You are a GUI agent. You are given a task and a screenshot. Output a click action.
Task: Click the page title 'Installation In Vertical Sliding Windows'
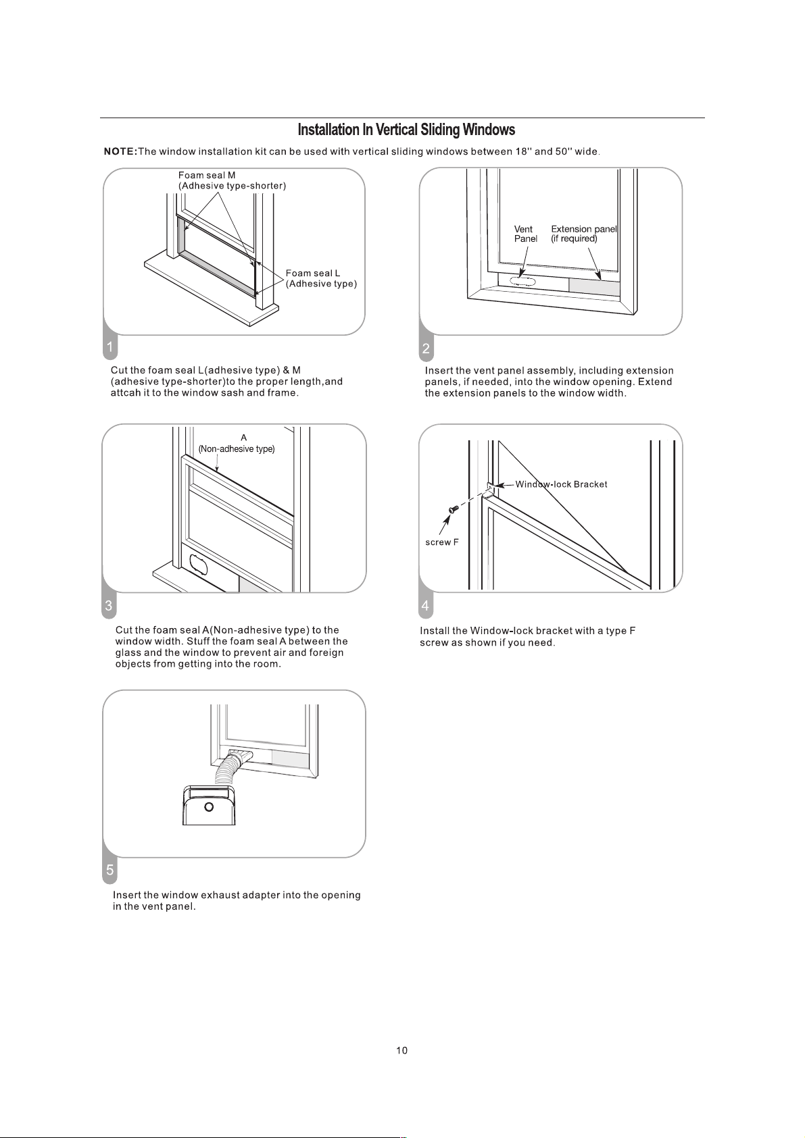pyautogui.click(x=406, y=130)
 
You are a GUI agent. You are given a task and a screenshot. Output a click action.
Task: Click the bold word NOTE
pyautogui.click(x=120, y=151)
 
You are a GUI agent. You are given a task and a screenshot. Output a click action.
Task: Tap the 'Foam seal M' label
pyautogui.click(x=206, y=176)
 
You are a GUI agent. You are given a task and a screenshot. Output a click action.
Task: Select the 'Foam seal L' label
pyautogui.click(x=313, y=274)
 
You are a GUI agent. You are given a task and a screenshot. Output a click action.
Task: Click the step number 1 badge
pyautogui.click(x=109, y=347)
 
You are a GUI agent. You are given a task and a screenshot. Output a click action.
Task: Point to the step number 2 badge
pyautogui.click(x=426, y=348)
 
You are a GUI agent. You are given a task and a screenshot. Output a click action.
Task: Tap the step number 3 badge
pyautogui.click(x=109, y=606)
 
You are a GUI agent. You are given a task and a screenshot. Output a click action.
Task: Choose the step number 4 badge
pyautogui.click(x=426, y=606)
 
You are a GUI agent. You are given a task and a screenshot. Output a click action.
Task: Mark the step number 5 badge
pyautogui.click(x=109, y=871)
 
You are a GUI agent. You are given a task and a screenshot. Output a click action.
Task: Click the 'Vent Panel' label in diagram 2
pyautogui.click(x=525, y=234)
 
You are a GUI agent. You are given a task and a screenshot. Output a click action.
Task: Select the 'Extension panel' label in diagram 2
pyautogui.click(x=584, y=229)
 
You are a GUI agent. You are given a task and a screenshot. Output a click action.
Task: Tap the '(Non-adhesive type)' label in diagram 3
pyautogui.click(x=237, y=449)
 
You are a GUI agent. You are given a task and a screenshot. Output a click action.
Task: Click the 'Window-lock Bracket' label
pyautogui.click(x=562, y=485)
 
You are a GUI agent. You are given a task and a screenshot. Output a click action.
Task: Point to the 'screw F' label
pyautogui.click(x=442, y=542)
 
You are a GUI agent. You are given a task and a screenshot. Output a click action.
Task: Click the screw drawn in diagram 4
pyautogui.click(x=454, y=509)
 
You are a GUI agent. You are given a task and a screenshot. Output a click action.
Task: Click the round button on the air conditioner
pyautogui.click(x=208, y=807)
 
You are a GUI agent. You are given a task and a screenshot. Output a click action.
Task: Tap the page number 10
pyautogui.click(x=401, y=1050)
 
